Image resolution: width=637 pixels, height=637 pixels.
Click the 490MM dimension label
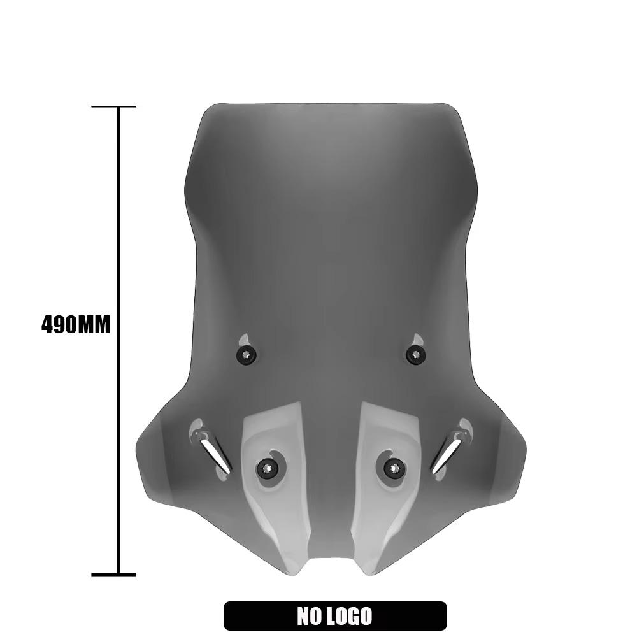[76, 325]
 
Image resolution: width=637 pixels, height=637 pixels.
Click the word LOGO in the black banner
[352, 616]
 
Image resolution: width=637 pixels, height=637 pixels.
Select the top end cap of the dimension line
[113, 106]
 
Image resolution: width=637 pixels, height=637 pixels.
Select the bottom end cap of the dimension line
[113, 575]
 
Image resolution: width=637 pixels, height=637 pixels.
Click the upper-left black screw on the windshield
[246, 355]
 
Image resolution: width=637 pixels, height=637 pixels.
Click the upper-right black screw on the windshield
[415, 355]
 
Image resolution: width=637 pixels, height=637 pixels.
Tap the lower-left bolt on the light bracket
[267, 469]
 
